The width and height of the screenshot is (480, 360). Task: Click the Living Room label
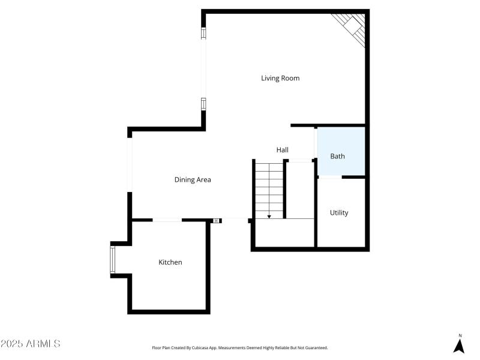click(x=280, y=78)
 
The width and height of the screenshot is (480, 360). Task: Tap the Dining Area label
click(x=193, y=179)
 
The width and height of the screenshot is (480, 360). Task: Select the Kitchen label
click(x=170, y=262)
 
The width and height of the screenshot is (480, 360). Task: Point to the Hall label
click(x=283, y=149)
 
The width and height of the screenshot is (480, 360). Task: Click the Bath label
click(x=338, y=157)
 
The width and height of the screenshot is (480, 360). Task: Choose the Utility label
click(x=339, y=212)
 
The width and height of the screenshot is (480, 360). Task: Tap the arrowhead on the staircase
click(x=269, y=215)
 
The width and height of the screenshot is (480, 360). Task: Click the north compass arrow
click(x=459, y=346)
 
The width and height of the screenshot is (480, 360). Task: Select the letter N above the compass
click(x=460, y=335)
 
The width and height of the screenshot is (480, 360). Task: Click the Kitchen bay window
click(x=113, y=259)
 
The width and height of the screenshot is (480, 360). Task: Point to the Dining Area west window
click(x=130, y=164)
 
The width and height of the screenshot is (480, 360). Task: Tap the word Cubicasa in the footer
click(x=196, y=348)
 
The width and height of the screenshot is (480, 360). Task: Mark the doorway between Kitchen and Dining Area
click(x=167, y=220)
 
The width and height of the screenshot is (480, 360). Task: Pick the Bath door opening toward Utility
click(x=329, y=177)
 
